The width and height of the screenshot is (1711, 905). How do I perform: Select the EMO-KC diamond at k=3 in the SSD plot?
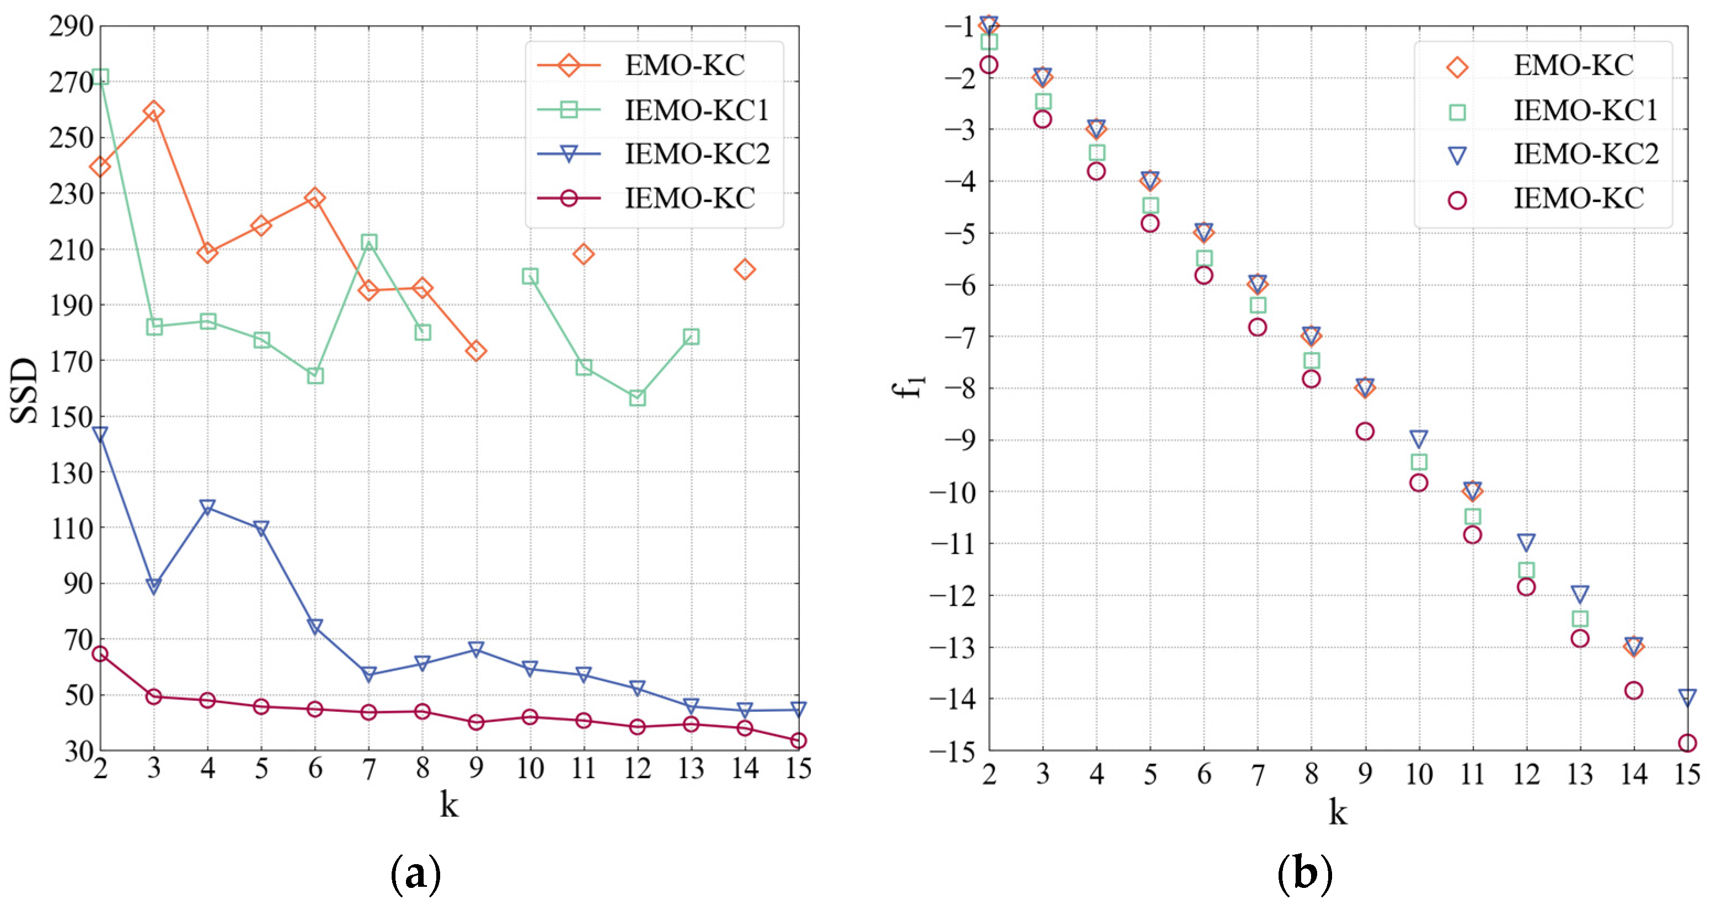[153, 111]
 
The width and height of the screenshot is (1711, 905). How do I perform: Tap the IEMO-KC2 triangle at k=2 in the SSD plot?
[100, 434]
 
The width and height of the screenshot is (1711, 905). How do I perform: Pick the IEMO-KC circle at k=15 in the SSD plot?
[798, 740]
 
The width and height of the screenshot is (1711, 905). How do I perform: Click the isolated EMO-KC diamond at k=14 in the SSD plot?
[745, 269]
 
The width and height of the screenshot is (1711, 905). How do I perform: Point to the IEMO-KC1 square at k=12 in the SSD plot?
[637, 398]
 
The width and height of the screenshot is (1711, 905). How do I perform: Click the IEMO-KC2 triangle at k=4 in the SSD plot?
[208, 508]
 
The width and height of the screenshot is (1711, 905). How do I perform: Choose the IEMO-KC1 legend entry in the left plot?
[696, 110]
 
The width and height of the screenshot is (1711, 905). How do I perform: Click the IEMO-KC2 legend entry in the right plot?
[1585, 154]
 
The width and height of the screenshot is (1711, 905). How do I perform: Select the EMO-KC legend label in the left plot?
[684, 65]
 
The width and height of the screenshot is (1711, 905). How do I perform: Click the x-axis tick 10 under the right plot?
[1419, 775]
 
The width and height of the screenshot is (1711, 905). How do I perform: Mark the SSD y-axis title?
[25, 390]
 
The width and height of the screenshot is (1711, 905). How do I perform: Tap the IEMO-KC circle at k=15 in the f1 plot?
[1687, 743]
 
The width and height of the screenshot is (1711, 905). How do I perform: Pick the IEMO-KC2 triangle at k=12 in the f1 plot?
[1526, 542]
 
